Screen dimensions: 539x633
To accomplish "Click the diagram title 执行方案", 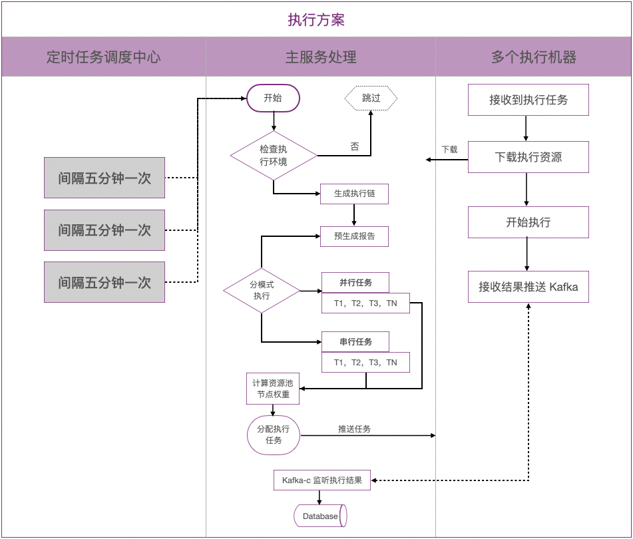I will click(x=316, y=19).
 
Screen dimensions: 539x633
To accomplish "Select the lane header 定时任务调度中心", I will click(x=103, y=57).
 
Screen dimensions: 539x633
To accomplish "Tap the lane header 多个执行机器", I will click(x=533, y=57).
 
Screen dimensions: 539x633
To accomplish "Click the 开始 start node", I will click(x=273, y=98).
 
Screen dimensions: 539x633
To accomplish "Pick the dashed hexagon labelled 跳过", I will click(x=371, y=98).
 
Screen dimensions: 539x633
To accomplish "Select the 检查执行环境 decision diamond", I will click(x=274, y=155).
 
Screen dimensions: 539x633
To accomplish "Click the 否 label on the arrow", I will click(x=354, y=147).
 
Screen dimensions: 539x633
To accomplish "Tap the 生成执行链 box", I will click(x=354, y=194).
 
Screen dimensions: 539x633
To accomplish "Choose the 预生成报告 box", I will click(x=354, y=236).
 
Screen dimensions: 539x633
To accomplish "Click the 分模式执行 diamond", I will click(x=262, y=291).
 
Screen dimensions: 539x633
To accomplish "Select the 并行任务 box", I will click(x=355, y=283).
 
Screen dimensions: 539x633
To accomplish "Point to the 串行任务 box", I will click(x=355, y=342).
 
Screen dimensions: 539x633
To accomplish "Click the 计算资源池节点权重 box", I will click(x=273, y=389).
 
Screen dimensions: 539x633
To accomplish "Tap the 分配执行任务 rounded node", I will click(x=273, y=435).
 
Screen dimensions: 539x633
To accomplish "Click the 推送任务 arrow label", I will click(x=354, y=429).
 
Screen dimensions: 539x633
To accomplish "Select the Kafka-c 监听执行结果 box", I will click(x=322, y=480).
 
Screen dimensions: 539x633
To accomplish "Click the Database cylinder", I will click(x=320, y=516).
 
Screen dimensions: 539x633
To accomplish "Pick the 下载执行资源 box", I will click(x=528, y=157).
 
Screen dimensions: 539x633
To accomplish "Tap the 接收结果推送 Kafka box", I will click(x=528, y=287).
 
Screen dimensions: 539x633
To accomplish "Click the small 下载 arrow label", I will click(x=449, y=150).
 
